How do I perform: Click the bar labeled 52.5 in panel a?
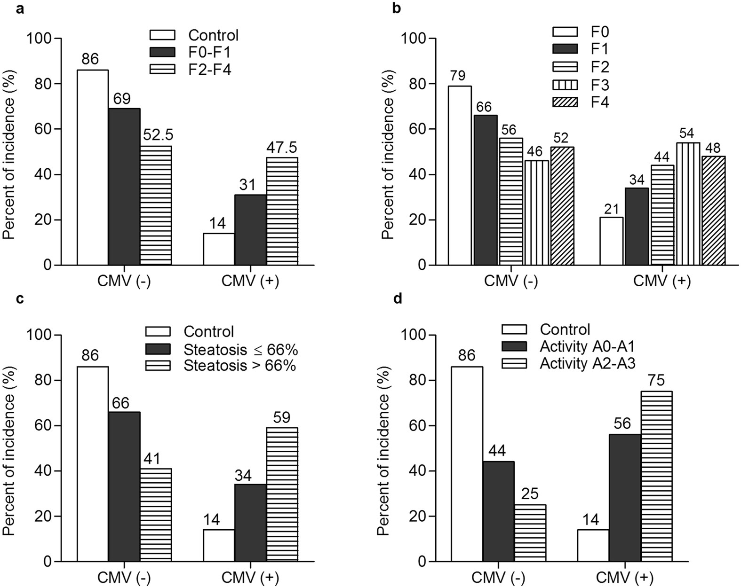pyautogui.click(x=155, y=205)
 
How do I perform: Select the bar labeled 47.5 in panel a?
pyautogui.click(x=282, y=211)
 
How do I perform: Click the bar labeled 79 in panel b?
pyautogui.click(x=459, y=175)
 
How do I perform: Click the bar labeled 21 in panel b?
pyautogui.click(x=611, y=241)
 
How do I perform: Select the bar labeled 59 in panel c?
pyautogui.click(x=282, y=494)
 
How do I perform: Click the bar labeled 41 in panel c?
pyautogui.click(x=155, y=515)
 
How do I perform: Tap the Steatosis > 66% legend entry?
pyautogui.click(x=221, y=365)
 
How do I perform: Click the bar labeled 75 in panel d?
pyautogui.click(x=656, y=476)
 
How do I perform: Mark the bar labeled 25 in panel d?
pyautogui.click(x=530, y=533)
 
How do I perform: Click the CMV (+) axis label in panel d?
pyautogui.click(x=625, y=577)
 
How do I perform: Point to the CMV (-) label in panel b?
pyautogui.click(x=510, y=281)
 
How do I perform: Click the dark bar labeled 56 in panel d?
pyautogui.click(x=625, y=498)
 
